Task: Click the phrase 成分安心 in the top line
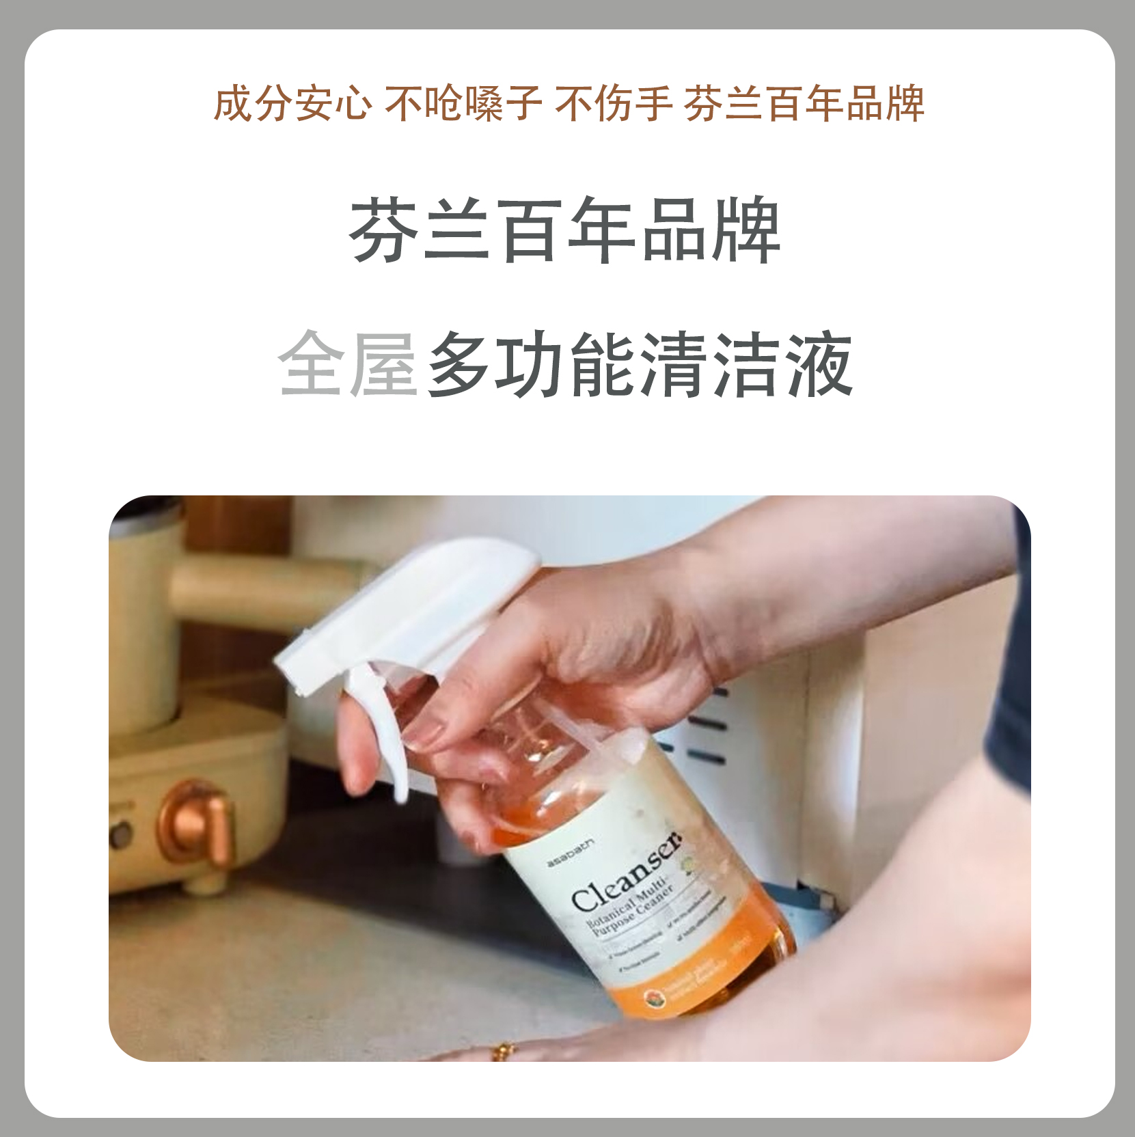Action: pyautogui.click(x=293, y=104)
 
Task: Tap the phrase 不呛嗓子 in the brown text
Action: pyautogui.click(x=463, y=104)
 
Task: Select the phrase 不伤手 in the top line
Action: pyautogui.click(x=613, y=104)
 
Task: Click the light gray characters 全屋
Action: pyautogui.click(x=348, y=364)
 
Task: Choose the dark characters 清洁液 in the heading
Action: pyautogui.click(x=746, y=364)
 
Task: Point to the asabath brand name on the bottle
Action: pyautogui.click(x=571, y=854)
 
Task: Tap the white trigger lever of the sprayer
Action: pyautogui.click(x=383, y=738)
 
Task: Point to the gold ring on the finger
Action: pyautogui.click(x=504, y=1050)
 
